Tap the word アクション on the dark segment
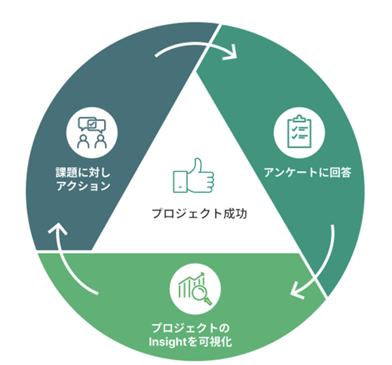click(x=83, y=186)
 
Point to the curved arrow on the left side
click(x=73, y=258)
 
